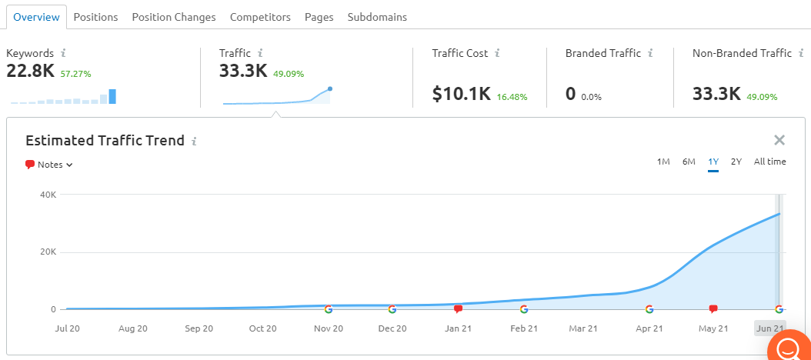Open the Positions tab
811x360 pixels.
pos(95,17)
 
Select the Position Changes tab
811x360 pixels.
pos(174,17)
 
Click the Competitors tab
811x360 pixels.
pos(260,17)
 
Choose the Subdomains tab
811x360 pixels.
pos(377,17)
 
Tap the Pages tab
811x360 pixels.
pos(319,17)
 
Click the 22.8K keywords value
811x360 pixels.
pos(30,71)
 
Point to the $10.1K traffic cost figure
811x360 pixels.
pos(462,94)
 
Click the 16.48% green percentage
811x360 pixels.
pos(512,97)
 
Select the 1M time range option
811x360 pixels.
pos(663,162)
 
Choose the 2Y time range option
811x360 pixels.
pos(736,162)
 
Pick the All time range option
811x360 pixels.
pos(769,162)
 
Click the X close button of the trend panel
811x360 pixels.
pos(779,140)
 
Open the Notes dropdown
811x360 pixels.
pos(49,165)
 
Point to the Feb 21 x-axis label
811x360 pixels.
pos(525,328)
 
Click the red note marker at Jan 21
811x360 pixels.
pos(458,308)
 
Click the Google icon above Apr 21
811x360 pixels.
pos(649,309)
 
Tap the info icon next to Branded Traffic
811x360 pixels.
pos(650,53)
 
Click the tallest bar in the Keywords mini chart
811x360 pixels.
pos(112,96)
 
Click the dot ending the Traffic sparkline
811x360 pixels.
pos(330,88)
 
